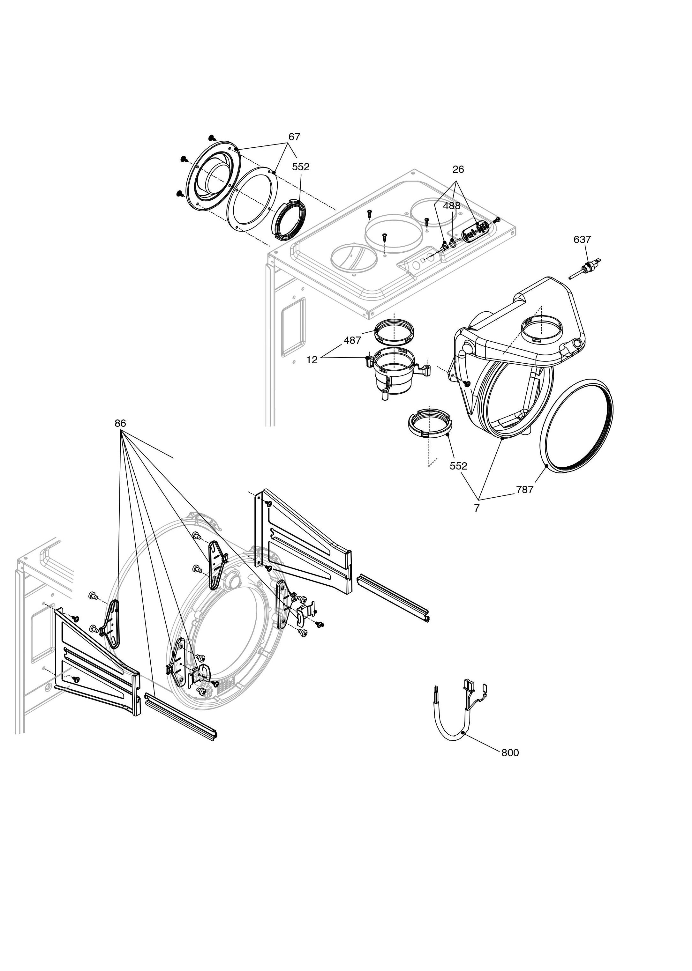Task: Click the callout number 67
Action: click(x=294, y=137)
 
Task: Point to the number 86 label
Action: click(x=121, y=423)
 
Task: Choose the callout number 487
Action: click(x=352, y=340)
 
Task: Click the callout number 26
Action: click(x=458, y=169)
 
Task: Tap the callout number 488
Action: click(x=452, y=206)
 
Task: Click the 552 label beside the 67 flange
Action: click(x=301, y=167)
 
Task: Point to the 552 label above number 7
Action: click(x=458, y=466)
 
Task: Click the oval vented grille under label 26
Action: click(x=475, y=232)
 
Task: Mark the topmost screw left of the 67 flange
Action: click(x=212, y=137)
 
